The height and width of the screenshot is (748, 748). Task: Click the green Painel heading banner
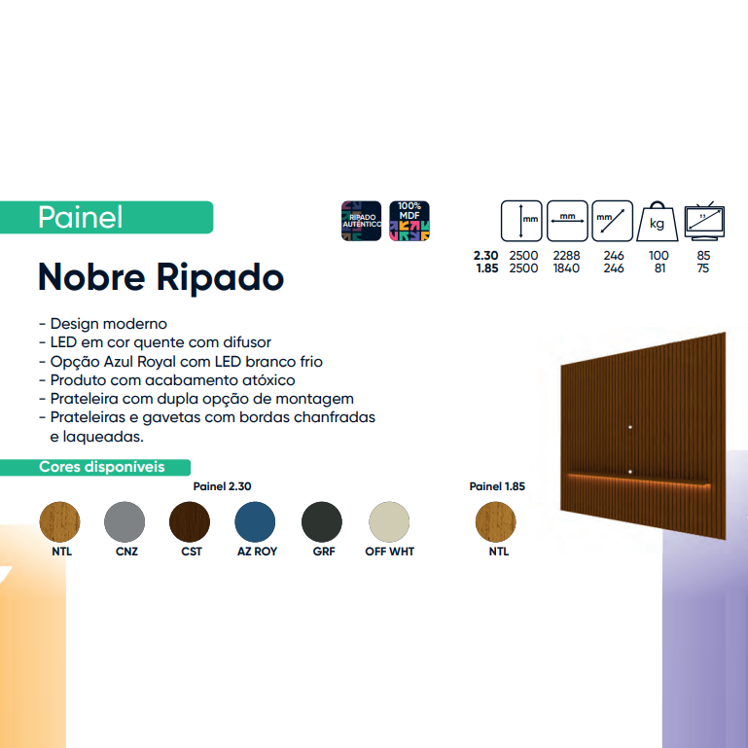click(x=106, y=218)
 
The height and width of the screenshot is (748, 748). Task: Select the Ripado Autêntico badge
click(x=361, y=221)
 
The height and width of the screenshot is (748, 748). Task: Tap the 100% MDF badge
click(x=410, y=221)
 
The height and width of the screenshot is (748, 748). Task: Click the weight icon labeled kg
click(x=658, y=222)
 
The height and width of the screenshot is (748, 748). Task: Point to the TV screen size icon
click(x=704, y=221)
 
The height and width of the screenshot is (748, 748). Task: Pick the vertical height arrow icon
click(x=521, y=221)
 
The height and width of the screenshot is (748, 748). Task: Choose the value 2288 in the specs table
click(x=566, y=256)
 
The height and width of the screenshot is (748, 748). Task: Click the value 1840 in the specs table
click(x=566, y=268)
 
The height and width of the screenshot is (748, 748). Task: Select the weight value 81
click(x=659, y=268)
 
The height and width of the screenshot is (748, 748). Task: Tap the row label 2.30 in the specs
click(x=485, y=256)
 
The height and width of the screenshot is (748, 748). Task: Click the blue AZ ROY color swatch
click(x=255, y=522)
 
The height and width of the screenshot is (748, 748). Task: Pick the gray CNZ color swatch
click(x=125, y=522)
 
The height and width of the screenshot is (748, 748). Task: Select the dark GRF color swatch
click(x=322, y=522)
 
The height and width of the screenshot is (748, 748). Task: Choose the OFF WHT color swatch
click(x=389, y=522)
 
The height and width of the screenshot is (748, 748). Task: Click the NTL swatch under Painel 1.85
click(x=496, y=522)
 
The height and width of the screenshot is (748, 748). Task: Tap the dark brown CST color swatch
click(x=190, y=522)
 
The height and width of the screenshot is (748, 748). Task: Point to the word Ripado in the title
click(x=220, y=277)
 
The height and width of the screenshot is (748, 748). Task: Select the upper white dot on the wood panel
click(x=630, y=427)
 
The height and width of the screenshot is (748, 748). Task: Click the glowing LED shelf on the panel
click(x=639, y=479)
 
